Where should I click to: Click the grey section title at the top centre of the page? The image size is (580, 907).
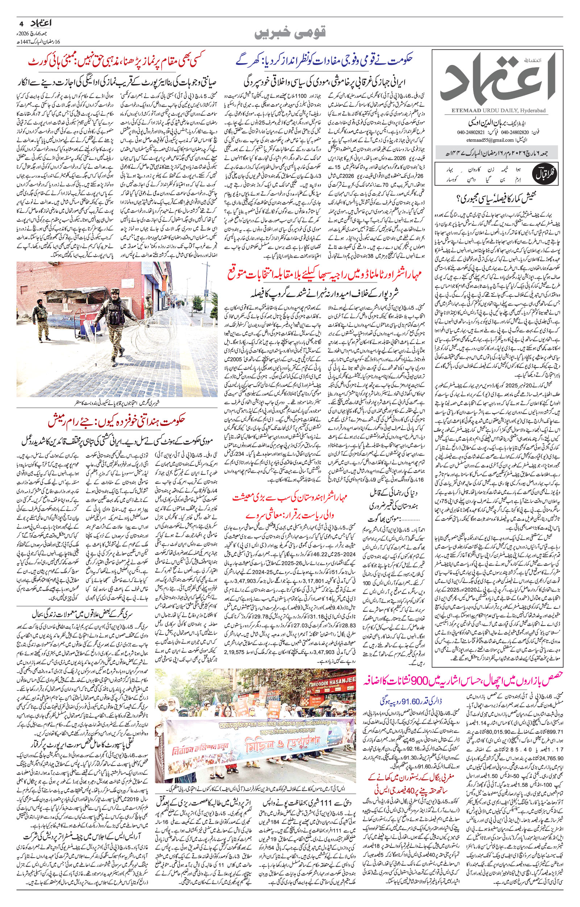[290, 33]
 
